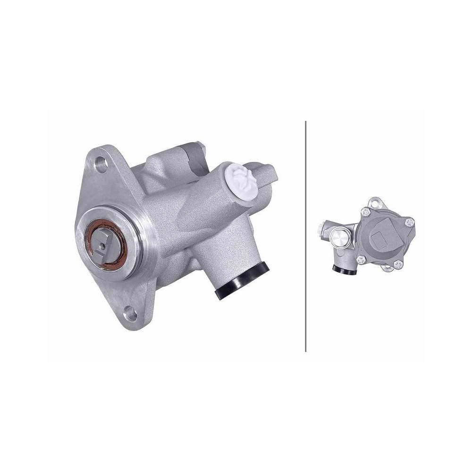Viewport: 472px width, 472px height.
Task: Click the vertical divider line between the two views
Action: (306, 236)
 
